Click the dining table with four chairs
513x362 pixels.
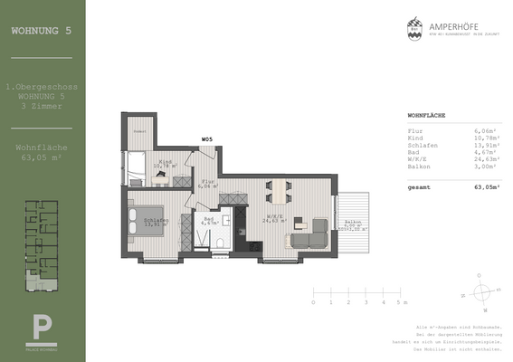click(x=278, y=188)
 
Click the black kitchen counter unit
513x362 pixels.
click(x=242, y=230)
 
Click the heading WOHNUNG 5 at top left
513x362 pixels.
click(x=41, y=30)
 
